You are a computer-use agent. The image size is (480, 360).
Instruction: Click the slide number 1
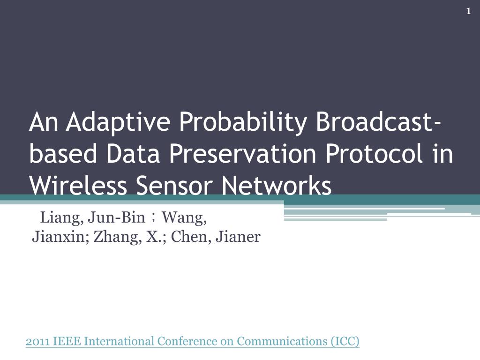(468, 11)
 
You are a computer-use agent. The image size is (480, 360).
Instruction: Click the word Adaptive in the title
(118, 122)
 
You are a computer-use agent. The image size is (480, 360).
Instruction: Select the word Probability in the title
(242, 122)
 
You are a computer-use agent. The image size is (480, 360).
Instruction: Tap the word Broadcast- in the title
(378, 121)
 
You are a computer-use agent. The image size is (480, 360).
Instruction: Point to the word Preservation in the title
(242, 153)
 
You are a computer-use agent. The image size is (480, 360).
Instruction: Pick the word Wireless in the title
(78, 186)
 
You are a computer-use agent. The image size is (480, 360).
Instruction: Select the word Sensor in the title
(174, 186)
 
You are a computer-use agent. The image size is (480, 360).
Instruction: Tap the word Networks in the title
(277, 186)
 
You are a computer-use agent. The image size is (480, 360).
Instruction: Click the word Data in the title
(133, 153)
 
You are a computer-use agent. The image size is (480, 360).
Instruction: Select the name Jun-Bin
(116, 217)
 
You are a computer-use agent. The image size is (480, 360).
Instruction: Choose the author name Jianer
(238, 237)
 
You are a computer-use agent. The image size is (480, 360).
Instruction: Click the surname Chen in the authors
(191, 237)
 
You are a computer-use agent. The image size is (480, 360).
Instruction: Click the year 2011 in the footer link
(37, 341)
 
